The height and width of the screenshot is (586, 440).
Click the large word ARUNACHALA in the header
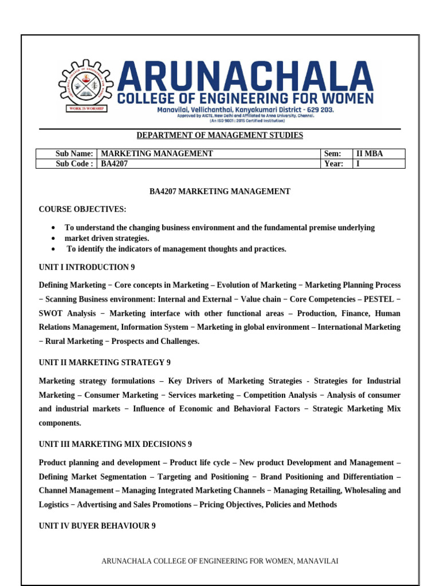tap(247, 76)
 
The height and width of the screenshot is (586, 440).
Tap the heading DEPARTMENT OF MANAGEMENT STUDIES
tap(219, 136)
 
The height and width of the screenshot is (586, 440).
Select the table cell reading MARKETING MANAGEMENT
tap(156, 153)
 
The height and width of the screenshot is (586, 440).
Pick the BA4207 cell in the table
tap(115, 164)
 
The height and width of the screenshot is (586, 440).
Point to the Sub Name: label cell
tap(74, 153)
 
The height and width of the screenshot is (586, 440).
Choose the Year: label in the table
tap(333, 164)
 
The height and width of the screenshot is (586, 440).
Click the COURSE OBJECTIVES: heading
tap(82, 209)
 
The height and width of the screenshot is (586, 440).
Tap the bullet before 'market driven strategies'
tap(53, 239)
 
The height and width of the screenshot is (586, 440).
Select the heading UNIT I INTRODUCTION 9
tap(87, 267)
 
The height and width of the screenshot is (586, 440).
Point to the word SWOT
tap(50, 314)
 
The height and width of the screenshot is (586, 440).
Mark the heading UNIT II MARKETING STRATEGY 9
tap(104, 363)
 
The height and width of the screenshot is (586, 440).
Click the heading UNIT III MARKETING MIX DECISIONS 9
tap(115, 444)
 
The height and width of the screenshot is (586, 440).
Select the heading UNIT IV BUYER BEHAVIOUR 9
tap(97, 526)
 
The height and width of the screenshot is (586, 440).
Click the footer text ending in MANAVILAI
tap(219, 561)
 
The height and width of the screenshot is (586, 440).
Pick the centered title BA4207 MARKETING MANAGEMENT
tap(219, 192)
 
